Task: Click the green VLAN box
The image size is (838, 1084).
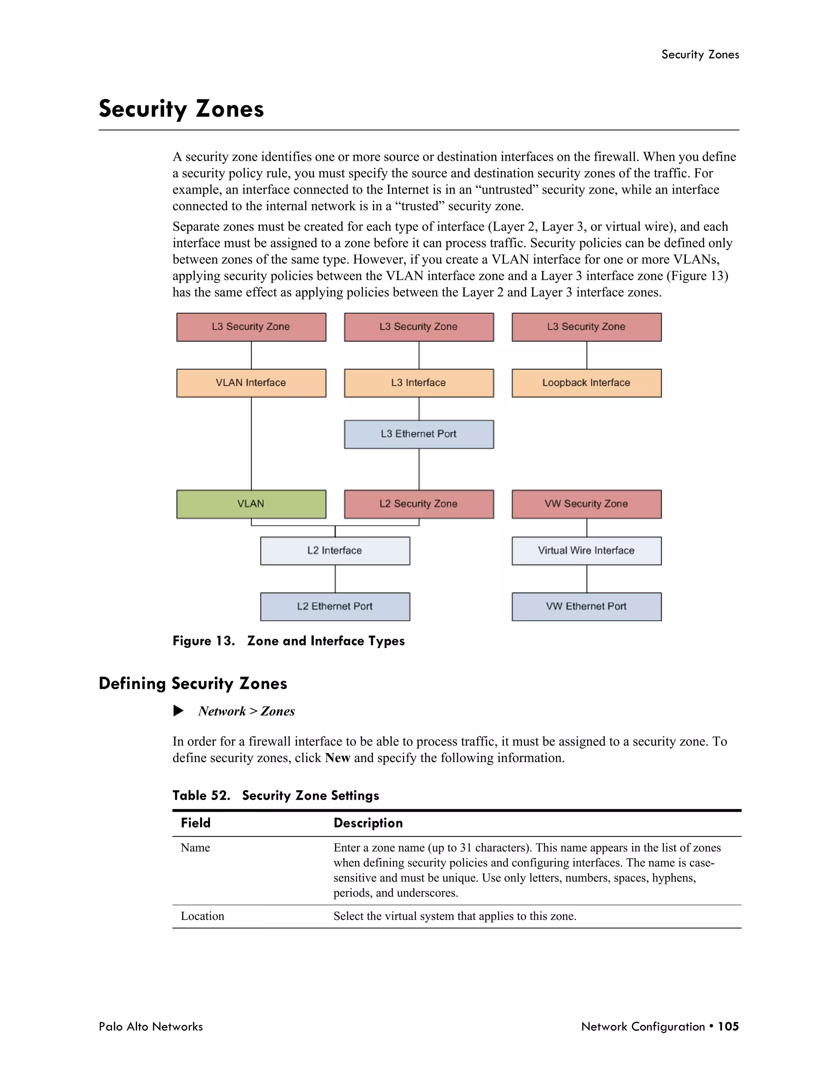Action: point(251,504)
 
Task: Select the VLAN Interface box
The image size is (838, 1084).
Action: point(251,383)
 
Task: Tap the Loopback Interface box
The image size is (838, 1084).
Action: point(586,383)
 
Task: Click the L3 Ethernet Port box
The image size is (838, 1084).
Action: point(419,434)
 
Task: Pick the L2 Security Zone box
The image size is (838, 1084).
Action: point(419,504)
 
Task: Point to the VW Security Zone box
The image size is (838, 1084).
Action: point(586,504)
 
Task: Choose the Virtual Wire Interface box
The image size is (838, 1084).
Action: point(586,551)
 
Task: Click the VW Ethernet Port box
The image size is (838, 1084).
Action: point(586,606)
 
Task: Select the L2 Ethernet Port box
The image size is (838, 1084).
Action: point(335,606)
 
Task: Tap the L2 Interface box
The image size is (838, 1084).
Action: point(335,551)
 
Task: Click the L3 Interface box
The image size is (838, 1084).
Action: point(419,383)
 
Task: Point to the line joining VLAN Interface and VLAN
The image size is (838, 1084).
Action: point(251,443)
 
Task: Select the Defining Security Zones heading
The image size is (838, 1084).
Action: point(193,684)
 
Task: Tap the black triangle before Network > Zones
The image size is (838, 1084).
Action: point(178,711)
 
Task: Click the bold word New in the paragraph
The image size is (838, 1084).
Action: point(338,758)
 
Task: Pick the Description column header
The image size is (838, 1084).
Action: point(368,823)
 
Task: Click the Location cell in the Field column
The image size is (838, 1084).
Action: point(202,916)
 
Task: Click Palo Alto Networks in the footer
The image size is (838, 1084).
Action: point(151,1026)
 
